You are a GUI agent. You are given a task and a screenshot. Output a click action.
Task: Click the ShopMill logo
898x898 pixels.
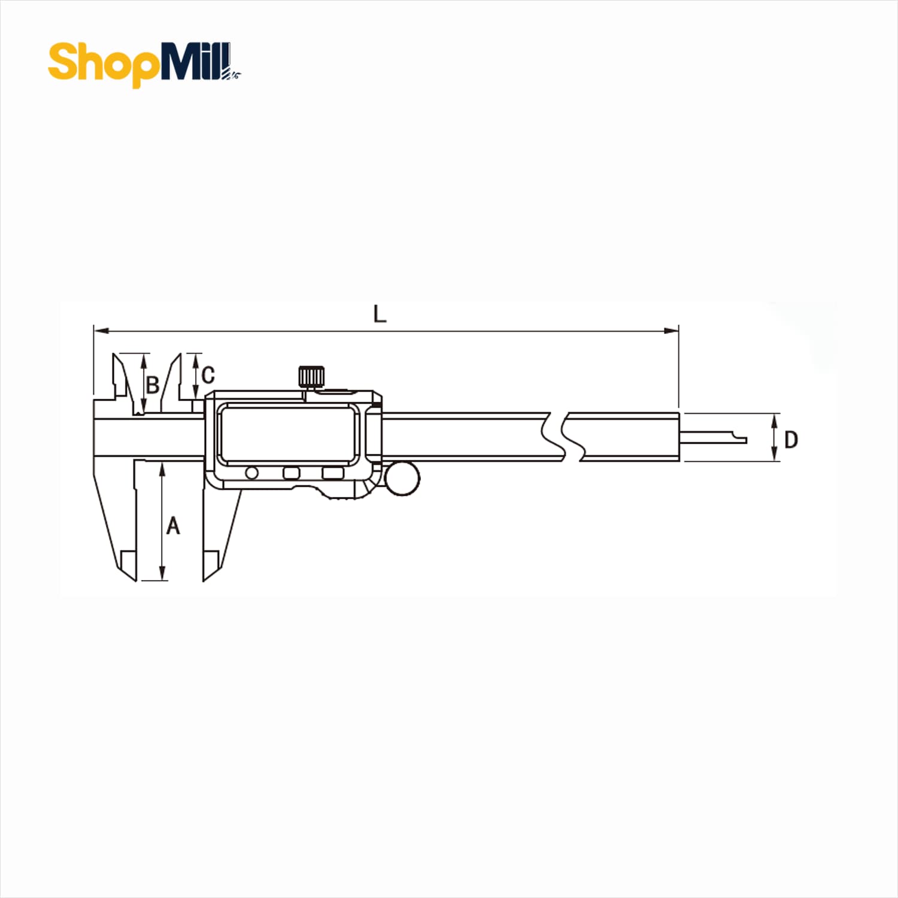(x=144, y=64)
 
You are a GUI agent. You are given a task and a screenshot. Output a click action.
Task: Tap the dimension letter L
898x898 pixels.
(x=380, y=314)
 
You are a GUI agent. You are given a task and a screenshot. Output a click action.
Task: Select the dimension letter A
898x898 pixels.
(x=173, y=526)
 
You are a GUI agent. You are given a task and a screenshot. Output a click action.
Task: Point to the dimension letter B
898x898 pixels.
(x=153, y=385)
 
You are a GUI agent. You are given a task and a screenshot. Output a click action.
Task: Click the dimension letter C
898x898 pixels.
(x=208, y=375)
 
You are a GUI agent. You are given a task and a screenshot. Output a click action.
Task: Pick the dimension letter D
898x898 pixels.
(x=791, y=440)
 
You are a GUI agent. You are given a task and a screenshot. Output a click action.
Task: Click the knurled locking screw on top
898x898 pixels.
(x=311, y=377)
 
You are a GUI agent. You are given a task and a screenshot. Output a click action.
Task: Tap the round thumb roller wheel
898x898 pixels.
(x=402, y=478)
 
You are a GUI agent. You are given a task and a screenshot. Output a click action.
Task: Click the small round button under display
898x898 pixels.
(x=251, y=474)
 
